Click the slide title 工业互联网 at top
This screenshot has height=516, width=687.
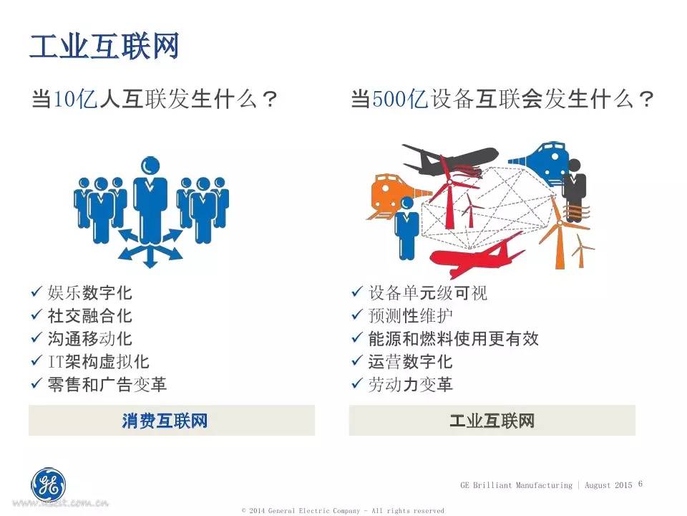point(104,46)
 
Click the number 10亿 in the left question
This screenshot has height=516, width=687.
point(75,99)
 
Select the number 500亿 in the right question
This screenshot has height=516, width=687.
point(400,99)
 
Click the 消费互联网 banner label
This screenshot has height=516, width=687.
point(165,421)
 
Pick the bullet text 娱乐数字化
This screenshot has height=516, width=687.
point(90,292)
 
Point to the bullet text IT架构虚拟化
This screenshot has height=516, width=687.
point(99,361)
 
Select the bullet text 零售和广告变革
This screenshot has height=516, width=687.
point(107,384)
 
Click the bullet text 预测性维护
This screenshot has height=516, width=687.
point(410,315)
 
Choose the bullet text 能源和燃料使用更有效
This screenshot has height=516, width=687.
point(453,339)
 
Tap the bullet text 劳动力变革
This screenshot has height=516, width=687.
point(410,384)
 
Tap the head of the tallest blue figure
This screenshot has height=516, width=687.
point(150,167)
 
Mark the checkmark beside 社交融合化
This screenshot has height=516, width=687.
point(36,315)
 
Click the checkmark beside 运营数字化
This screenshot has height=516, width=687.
point(357,360)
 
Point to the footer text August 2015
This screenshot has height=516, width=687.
point(608,485)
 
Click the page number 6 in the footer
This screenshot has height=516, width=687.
point(640,484)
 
